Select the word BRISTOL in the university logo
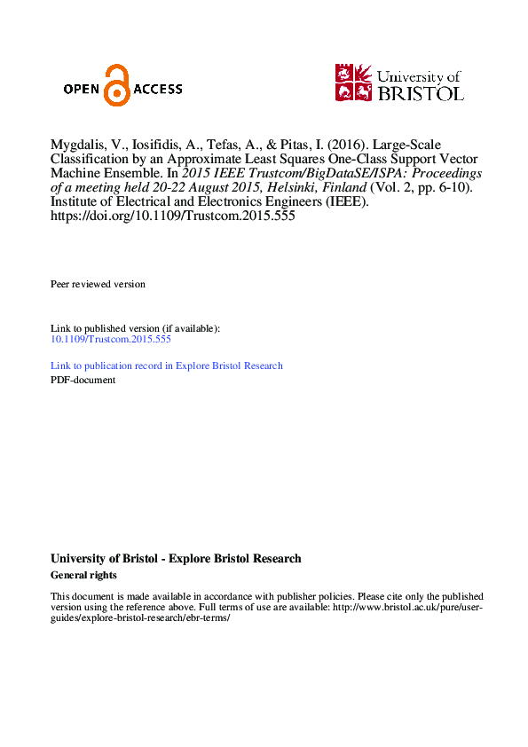tap(420, 92)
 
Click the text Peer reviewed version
tap(98, 284)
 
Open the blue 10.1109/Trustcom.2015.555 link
tap(111, 339)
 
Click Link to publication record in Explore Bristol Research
tap(167, 366)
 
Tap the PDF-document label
tap(83, 380)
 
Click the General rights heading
tap(83, 575)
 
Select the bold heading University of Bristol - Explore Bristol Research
tap(176, 559)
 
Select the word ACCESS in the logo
tap(158, 89)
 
